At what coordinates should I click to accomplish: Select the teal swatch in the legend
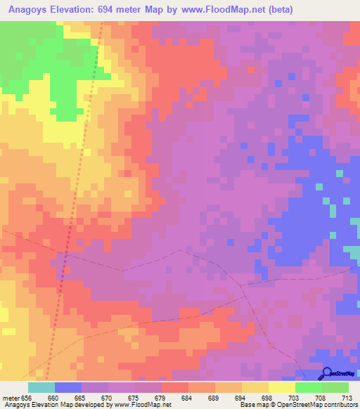[41, 387]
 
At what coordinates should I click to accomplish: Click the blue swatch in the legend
[67, 387]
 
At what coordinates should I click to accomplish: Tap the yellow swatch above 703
[281, 387]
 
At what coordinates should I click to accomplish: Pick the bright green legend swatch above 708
[308, 387]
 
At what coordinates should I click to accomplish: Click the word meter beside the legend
[11, 397]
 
